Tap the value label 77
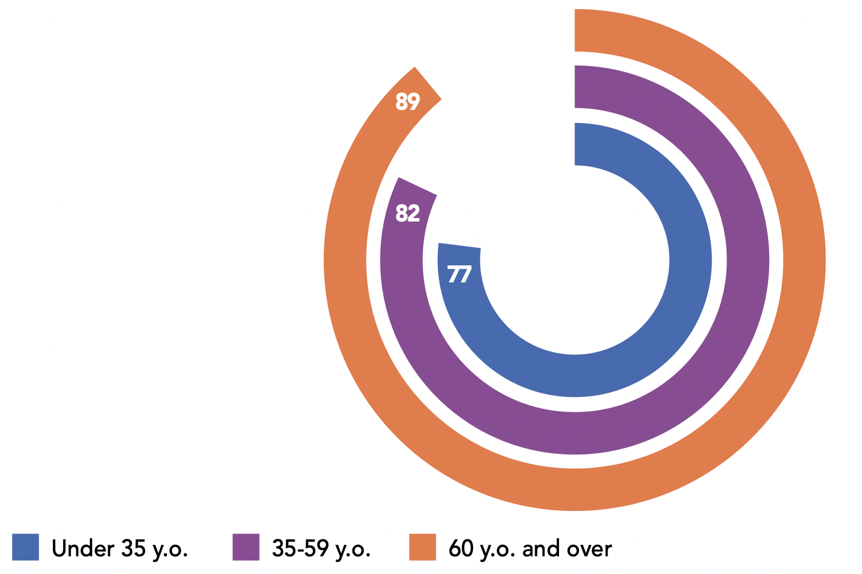point(459,274)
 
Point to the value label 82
point(408,214)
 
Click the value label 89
point(408,102)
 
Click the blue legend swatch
point(25,547)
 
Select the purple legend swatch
point(246,547)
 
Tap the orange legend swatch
point(422,547)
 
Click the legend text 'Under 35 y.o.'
point(120,548)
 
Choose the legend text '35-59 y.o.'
point(321,548)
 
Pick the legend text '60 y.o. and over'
point(530,548)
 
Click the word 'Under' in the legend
point(83,548)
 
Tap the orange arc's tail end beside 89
point(428,84)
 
